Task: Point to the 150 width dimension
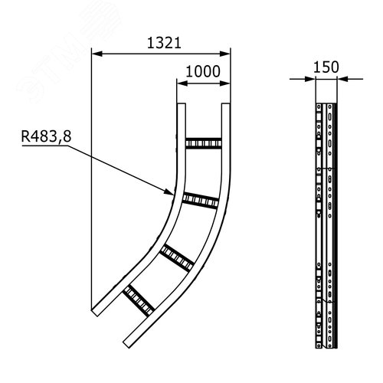click(x=325, y=66)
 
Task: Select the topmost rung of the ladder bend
click(x=202, y=142)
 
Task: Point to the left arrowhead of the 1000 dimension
click(x=179, y=82)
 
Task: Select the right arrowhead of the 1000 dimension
click(x=228, y=82)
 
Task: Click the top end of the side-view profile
click(x=325, y=103)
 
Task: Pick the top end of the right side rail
click(x=228, y=105)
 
